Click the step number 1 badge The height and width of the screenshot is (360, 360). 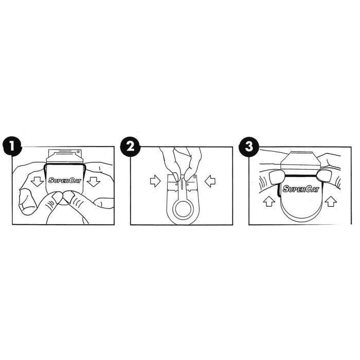(x=12, y=147)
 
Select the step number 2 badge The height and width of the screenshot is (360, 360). (x=130, y=147)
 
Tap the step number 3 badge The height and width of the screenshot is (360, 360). (x=249, y=147)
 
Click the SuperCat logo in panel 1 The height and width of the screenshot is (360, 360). (x=65, y=180)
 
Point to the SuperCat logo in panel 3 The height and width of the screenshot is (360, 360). (x=301, y=189)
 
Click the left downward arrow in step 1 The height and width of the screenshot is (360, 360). (x=37, y=182)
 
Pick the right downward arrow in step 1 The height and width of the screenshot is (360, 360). (x=94, y=182)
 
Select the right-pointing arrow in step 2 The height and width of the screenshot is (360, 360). (x=155, y=181)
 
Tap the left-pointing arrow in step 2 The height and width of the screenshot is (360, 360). (x=210, y=181)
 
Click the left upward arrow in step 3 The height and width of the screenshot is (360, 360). (x=269, y=201)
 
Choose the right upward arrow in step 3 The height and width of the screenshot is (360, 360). (x=331, y=201)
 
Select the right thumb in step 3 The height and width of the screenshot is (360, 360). (x=323, y=177)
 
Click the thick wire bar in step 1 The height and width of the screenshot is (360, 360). (x=65, y=164)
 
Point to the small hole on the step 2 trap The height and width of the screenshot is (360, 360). (x=194, y=177)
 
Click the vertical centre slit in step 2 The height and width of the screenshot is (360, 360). (x=182, y=183)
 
